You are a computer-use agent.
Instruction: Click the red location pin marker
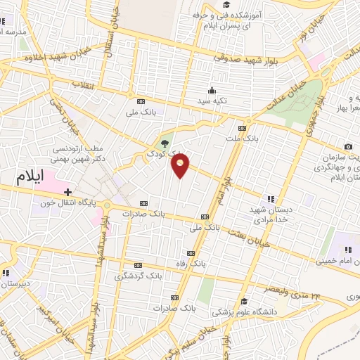tap(181, 165)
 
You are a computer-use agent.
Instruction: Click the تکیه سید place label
tap(211, 101)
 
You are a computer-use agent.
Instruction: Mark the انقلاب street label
tap(82, 84)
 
